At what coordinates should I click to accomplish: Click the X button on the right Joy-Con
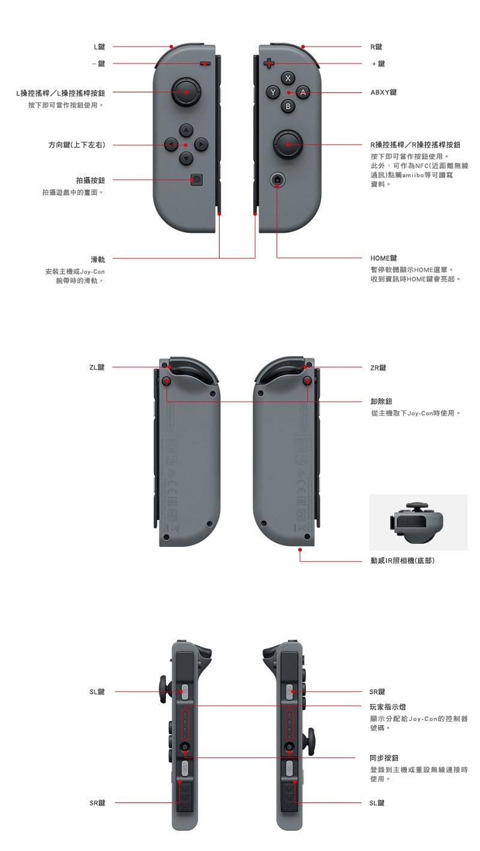click(287, 78)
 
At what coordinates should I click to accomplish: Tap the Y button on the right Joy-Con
click(272, 92)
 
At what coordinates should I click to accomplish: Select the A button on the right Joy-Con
click(303, 92)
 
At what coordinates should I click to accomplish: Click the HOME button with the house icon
click(277, 179)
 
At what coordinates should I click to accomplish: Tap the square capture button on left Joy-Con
click(196, 179)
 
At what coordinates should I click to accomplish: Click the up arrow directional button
click(186, 130)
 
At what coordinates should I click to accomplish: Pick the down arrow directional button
click(186, 158)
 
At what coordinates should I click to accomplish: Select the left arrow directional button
click(172, 145)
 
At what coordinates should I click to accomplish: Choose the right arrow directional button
click(200, 145)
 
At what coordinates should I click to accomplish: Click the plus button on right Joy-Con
click(268, 64)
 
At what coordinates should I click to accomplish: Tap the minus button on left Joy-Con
click(205, 64)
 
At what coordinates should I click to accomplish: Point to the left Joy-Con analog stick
click(186, 92)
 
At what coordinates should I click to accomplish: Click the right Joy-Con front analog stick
click(288, 145)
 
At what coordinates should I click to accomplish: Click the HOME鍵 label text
click(383, 258)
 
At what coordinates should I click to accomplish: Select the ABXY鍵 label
click(383, 92)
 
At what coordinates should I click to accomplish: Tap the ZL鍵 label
click(97, 368)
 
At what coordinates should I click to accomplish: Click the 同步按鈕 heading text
click(384, 758)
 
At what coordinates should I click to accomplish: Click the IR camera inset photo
click(418, 522)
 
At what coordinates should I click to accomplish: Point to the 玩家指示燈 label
click(388, 707)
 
